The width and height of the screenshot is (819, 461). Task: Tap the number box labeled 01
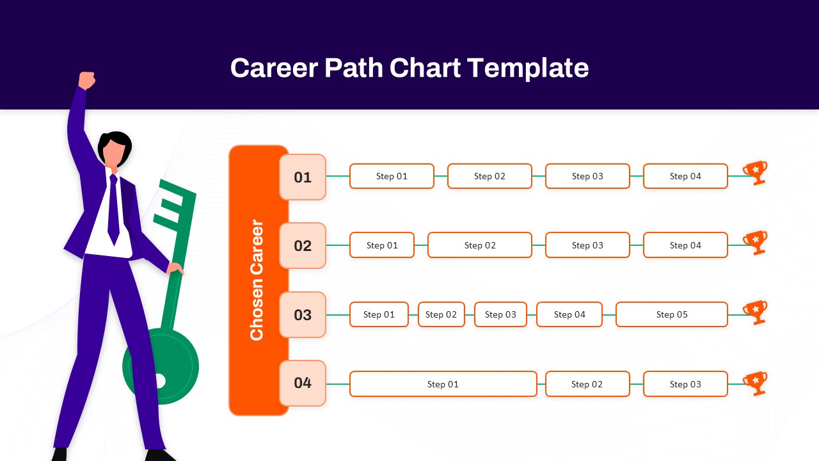(303, 177)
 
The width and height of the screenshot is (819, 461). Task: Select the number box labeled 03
(303, 315)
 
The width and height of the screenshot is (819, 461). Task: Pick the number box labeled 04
(303, 383)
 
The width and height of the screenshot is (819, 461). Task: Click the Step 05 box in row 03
(672, 314)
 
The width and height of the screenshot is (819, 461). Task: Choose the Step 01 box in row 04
(443, 384)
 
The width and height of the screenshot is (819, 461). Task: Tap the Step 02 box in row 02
(480, 245)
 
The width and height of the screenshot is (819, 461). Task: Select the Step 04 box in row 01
(685, 176)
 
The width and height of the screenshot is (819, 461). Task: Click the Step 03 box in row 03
(500, 314)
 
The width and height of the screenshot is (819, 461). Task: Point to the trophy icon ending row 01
(756, 172)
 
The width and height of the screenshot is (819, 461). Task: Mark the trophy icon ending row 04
(756, 383)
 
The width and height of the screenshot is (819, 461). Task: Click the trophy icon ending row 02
(756, 242)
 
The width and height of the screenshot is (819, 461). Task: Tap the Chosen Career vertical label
(257, 280)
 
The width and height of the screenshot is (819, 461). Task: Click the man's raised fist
(86, 80)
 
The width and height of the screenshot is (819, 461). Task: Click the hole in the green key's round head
(159, 381)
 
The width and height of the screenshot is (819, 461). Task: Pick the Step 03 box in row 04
(685, 384)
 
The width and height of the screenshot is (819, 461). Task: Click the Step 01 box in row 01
(392, 176)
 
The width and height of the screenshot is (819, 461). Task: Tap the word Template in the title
(528, 68)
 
